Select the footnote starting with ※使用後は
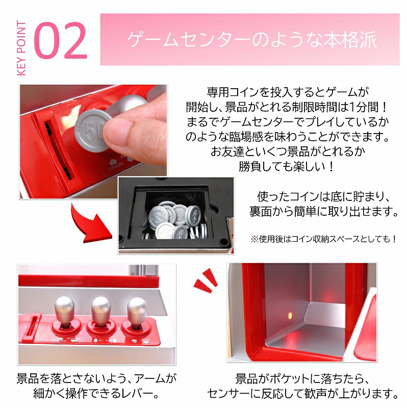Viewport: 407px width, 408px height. point(323,239)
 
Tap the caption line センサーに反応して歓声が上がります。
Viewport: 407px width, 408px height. point(302,394)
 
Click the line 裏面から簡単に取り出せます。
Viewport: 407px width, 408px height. point(323,211)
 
